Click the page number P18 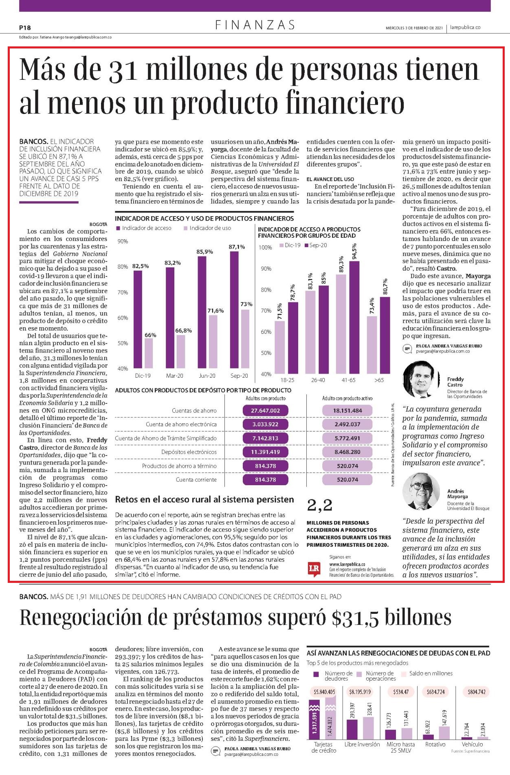(25, 28)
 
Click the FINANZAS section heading (255, 25)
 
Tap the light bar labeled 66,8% (180, 352)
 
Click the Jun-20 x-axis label (207, 376)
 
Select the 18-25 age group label (287, 380)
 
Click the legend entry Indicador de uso (207, 228)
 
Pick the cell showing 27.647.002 (265, 410)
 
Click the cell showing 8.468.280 (347, 452)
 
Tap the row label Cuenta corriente (196, 479)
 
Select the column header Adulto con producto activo (347, 398)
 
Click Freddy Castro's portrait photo (421, 379)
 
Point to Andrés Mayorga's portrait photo (421, 491)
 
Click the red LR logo (313, 569)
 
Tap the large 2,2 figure (320, 505)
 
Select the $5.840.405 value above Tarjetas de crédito (324, 692)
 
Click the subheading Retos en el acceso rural (204, 499)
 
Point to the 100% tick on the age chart (266, 247)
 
